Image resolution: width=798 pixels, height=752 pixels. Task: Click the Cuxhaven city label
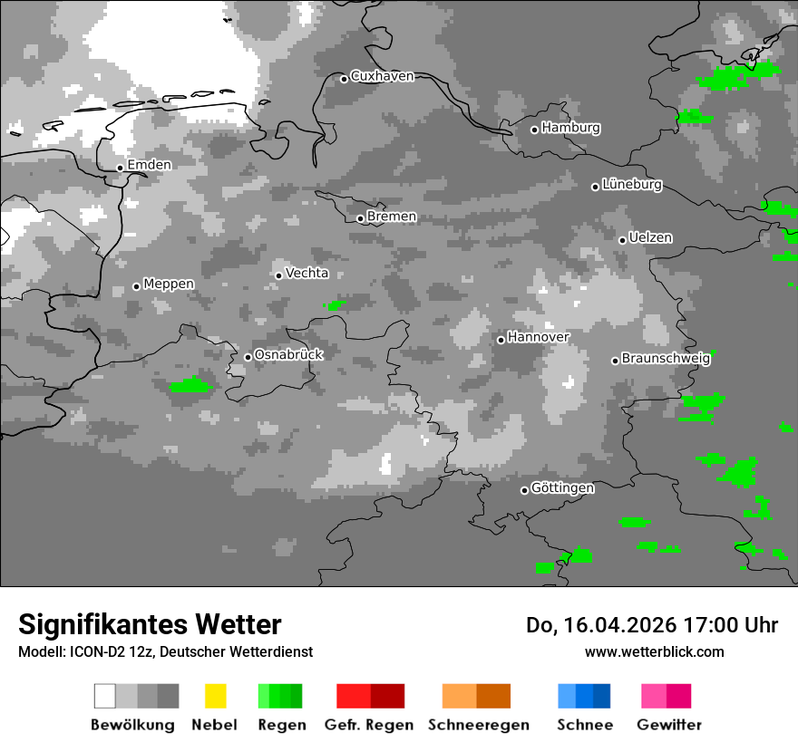coord(382,76)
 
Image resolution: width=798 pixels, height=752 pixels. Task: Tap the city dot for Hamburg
coord(534,130)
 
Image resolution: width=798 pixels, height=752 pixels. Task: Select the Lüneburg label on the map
coord(632,185)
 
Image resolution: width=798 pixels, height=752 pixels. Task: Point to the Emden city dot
coord(120,168)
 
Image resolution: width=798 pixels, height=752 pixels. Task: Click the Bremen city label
coord(392,217)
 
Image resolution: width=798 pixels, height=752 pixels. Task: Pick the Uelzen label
coord(650,238)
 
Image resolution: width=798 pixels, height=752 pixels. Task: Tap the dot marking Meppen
coord(136,286)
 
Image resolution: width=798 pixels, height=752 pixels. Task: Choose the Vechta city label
coord(307,273)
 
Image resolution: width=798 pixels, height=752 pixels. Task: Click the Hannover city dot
coord(501,340)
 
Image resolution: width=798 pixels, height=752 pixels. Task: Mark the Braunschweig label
coord(666,358)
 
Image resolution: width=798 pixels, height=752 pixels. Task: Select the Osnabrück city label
coord(288,355)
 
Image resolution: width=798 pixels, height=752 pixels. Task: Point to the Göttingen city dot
coord(524,490)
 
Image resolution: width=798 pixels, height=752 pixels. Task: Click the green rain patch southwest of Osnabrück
coord(190,386)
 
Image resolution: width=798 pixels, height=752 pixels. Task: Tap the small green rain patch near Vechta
coord(335,305)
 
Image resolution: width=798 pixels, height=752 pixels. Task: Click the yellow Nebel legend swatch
coord(215,696)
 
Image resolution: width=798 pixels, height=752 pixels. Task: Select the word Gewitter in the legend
coord(668,725)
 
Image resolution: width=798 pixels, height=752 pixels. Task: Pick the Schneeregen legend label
coord(478,725)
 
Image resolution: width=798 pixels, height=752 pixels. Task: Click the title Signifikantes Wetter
coord(150,624)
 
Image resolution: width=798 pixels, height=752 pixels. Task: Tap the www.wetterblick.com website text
coord(654,651)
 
